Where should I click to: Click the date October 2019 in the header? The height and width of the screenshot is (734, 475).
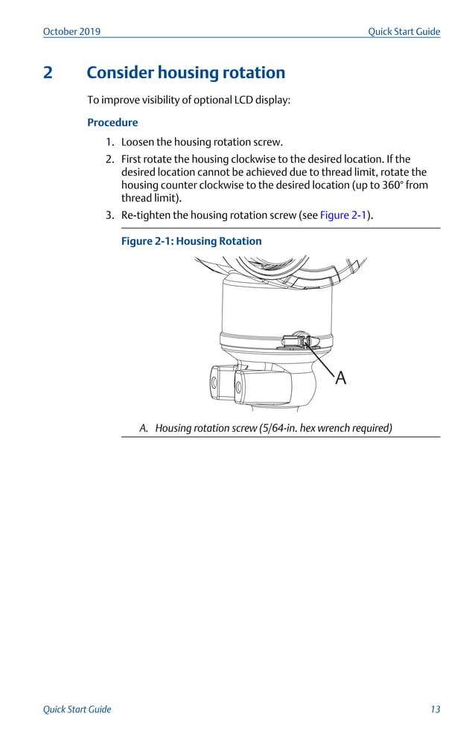(71, 31)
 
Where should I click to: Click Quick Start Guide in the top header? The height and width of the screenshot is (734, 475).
(404, 31)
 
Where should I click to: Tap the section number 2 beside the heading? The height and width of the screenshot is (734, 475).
(48, 73)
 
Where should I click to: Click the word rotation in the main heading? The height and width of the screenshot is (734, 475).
(253, 73)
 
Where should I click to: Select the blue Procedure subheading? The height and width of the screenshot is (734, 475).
(112, 122)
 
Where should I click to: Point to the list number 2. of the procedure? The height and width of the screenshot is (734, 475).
(109, 159)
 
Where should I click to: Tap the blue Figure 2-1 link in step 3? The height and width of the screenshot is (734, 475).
(344, 215)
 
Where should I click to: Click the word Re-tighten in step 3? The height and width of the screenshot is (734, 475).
(147, 215)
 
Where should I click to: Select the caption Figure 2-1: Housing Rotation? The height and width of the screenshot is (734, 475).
(191, 241)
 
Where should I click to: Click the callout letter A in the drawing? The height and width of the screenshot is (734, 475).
(340, 378)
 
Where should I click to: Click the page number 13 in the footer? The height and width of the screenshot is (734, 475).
(435, 709)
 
